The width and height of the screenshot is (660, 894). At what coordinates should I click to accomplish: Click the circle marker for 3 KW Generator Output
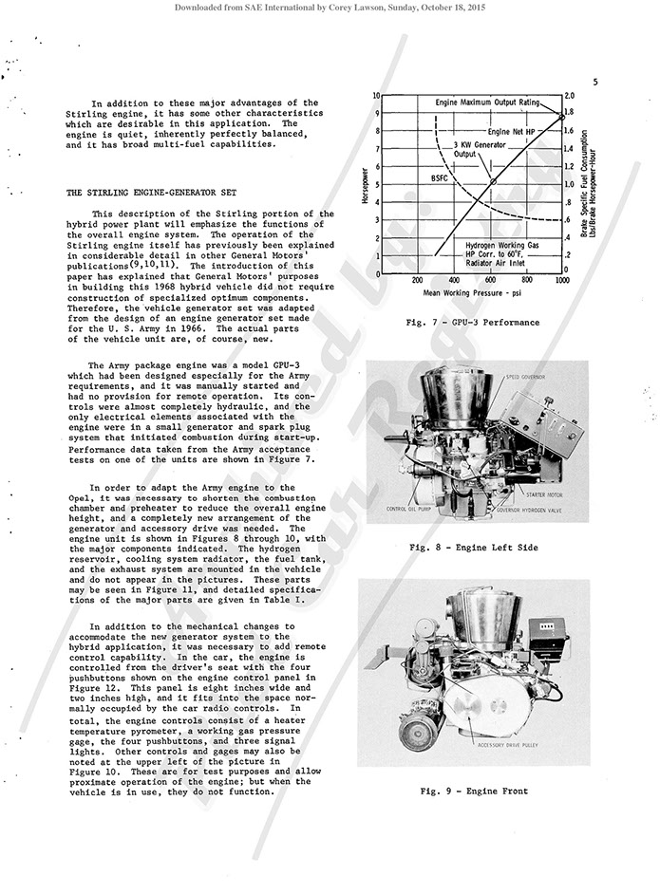(x=492, y=181)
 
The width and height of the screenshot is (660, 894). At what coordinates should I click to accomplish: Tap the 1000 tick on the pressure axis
(x=562, y=281)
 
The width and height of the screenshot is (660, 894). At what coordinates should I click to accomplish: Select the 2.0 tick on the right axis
(x=571, y=97)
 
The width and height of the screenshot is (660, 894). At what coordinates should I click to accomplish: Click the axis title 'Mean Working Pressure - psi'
(x=472, y=294)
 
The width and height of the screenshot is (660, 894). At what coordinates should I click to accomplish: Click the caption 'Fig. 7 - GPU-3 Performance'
(x=472, y=323)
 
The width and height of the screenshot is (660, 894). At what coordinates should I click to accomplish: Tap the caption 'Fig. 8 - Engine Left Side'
(x=472, y=548)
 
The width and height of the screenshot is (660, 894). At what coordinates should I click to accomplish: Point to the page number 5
(x=594, y=82)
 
